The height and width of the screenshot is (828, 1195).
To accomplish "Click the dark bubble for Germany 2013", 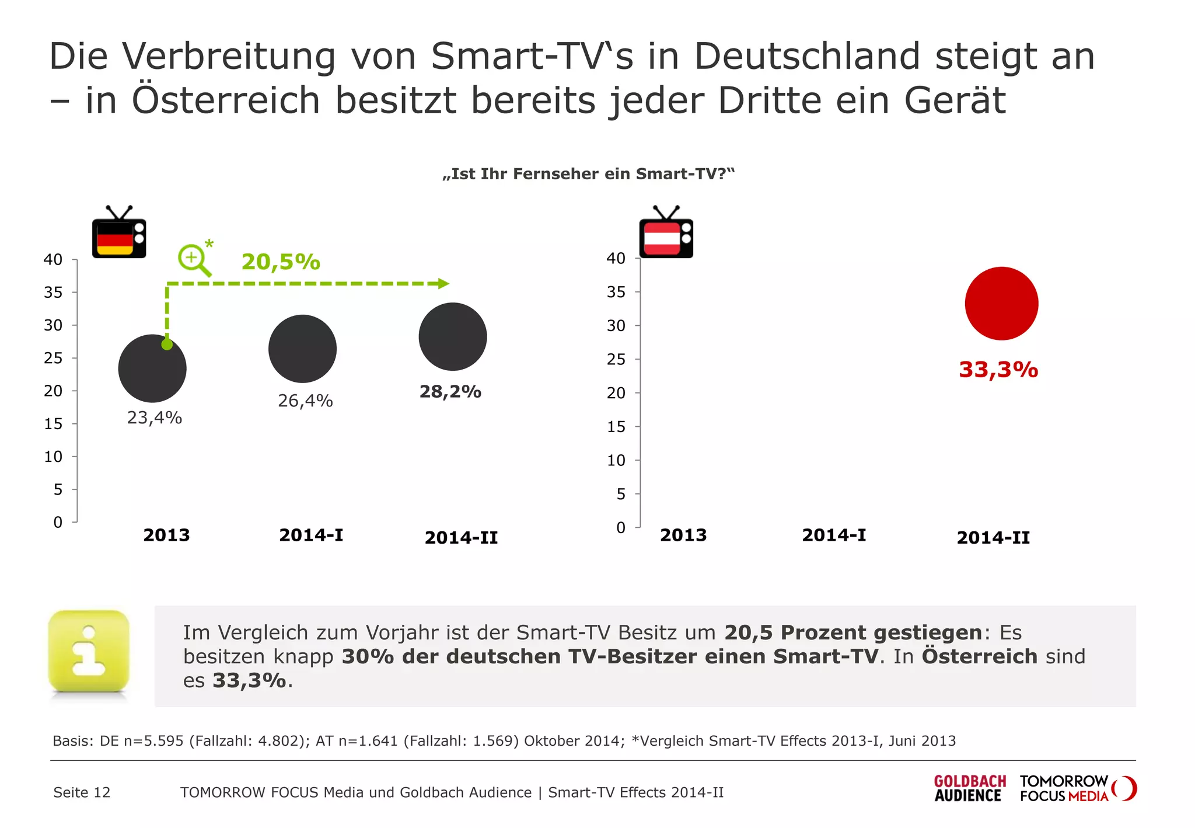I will (152, 368).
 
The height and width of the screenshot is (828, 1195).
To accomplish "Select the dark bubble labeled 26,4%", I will (302, 349).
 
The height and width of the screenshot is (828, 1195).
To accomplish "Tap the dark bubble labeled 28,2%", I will (453, 336).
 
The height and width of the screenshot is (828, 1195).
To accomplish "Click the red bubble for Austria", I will (1001, 304).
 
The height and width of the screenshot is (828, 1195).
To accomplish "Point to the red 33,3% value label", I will (998, 370).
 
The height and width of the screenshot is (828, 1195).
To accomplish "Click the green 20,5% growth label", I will (281, 262).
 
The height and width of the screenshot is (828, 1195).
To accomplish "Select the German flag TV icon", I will (119, 233).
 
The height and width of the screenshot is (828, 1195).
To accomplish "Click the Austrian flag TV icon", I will (666, 233).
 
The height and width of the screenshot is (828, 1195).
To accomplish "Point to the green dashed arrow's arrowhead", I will (443, 284).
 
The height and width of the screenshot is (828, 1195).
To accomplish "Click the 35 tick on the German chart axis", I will (53, 292).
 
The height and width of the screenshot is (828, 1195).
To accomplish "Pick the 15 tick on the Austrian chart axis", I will (616, 427).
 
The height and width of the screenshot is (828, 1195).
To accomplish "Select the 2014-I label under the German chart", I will (311, 535).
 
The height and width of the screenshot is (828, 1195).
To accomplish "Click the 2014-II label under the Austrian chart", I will (993, 537).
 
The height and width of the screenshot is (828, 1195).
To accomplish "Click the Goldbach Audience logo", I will (970, 788).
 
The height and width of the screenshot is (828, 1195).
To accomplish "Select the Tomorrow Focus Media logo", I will (1077, 788).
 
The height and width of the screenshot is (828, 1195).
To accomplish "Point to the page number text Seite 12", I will (82, 792).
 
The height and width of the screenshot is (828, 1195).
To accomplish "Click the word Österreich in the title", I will (226, 100).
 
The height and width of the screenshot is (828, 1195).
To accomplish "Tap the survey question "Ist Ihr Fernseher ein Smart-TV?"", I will (589, 174).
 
